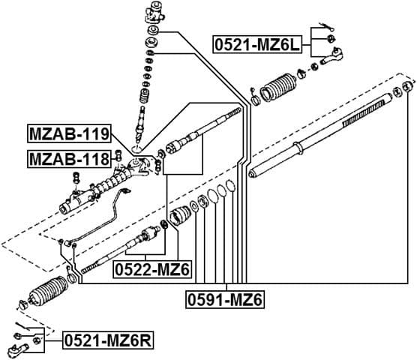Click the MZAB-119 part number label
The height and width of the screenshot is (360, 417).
tap(69, 135)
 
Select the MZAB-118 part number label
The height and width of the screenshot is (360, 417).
tap(68, 158)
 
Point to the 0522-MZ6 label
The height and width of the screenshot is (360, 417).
tap(152, 269)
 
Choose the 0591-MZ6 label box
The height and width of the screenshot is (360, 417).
tap(225, 300)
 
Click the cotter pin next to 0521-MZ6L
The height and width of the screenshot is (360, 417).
tap(324, 28)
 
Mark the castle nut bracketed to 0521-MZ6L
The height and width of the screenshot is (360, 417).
tap(330, 39)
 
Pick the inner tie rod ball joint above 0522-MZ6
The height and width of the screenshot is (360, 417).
tap(145, 240)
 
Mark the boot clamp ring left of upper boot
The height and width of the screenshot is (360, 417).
tap(255, 100)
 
